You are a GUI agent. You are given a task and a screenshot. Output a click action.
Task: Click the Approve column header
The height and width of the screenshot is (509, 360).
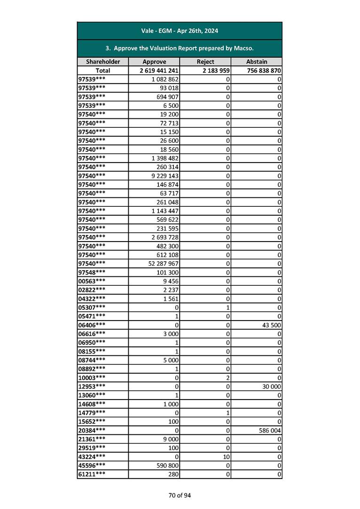(x=154, y=62)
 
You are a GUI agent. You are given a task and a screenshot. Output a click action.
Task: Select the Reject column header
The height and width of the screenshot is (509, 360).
(x=205, y=62)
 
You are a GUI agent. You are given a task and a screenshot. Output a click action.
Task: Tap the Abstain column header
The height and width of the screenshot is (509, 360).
(x=257, y=62)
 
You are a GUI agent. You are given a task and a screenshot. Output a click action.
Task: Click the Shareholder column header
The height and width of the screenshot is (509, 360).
(x=103, y=62)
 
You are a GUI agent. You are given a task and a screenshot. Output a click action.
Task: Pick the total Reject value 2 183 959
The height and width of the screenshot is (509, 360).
(x=214, y=70)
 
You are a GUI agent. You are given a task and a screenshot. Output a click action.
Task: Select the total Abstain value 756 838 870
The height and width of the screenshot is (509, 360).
(x=263, y=70)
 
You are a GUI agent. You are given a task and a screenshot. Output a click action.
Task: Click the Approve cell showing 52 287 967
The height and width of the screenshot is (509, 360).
(x=163, y=264)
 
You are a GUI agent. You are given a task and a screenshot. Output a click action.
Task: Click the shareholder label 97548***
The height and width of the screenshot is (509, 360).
(x=92, y=272)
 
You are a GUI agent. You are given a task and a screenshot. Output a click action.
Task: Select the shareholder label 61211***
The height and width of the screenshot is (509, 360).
(x=92, y=474)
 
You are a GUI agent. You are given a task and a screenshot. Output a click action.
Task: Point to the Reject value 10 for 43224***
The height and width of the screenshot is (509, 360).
(x=226, y=457)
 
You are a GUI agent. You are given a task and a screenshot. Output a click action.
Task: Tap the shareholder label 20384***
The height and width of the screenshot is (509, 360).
(x=92, y=431)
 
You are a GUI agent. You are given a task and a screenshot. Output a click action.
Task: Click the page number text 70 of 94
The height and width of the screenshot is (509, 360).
(x=180, y=495)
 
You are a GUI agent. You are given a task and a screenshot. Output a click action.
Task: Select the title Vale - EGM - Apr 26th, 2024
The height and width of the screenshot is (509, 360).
(x=180, y=31)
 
